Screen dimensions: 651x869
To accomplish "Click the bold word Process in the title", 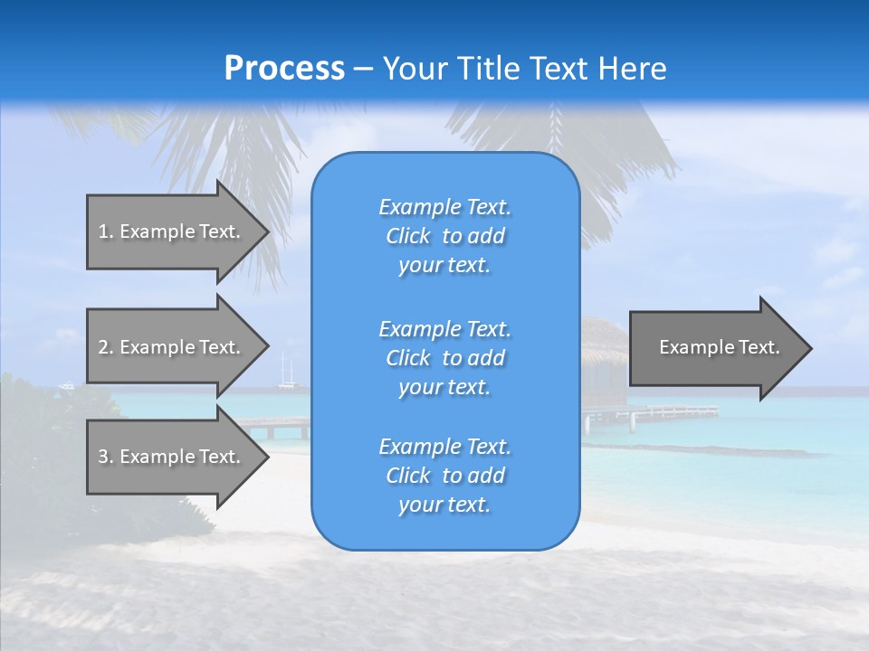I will coord(284,69).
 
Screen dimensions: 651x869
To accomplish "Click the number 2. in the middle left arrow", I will coord(105,347).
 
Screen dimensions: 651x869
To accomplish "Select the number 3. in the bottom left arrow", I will coord(105,457).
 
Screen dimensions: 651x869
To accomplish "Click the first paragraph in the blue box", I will coord(444,236).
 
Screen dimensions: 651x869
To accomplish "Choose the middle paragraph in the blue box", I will coord(444,358).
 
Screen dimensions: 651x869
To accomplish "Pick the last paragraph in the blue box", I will coord(444,476).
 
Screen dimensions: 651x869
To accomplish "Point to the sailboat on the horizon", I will coord(287,373).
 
